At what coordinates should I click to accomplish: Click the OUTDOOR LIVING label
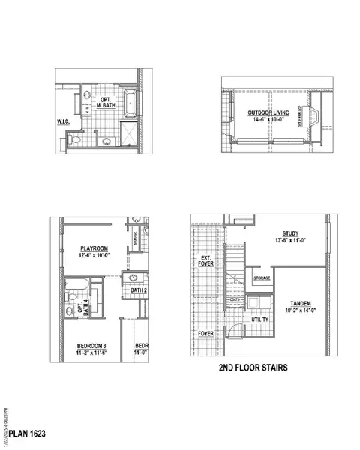pyautogui.click(x=267, y=113)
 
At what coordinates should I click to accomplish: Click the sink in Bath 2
pyautogui.click(x=133, y=278)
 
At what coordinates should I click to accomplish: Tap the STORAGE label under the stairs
pyautogui.click(x=261, y=278)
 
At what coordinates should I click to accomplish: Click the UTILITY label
pyautogui.click(x=259, y=319)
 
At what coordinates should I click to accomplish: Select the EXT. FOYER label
pyautogui.click(x=205, y=262)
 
